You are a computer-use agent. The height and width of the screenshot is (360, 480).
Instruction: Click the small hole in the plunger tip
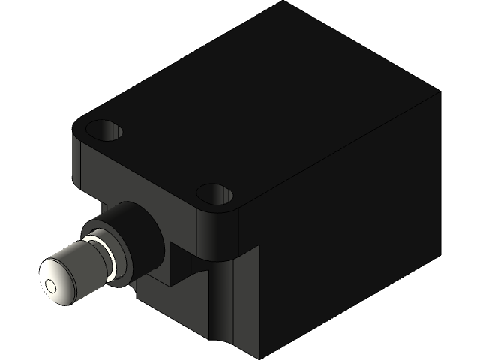(x=50, y=286)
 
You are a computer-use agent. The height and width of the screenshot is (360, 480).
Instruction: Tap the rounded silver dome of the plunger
(x=60, y=274)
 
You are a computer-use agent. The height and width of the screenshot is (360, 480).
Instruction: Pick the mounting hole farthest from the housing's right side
(x=104, y=130)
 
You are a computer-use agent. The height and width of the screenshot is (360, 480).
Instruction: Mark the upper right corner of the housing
(x=437, y=94)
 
